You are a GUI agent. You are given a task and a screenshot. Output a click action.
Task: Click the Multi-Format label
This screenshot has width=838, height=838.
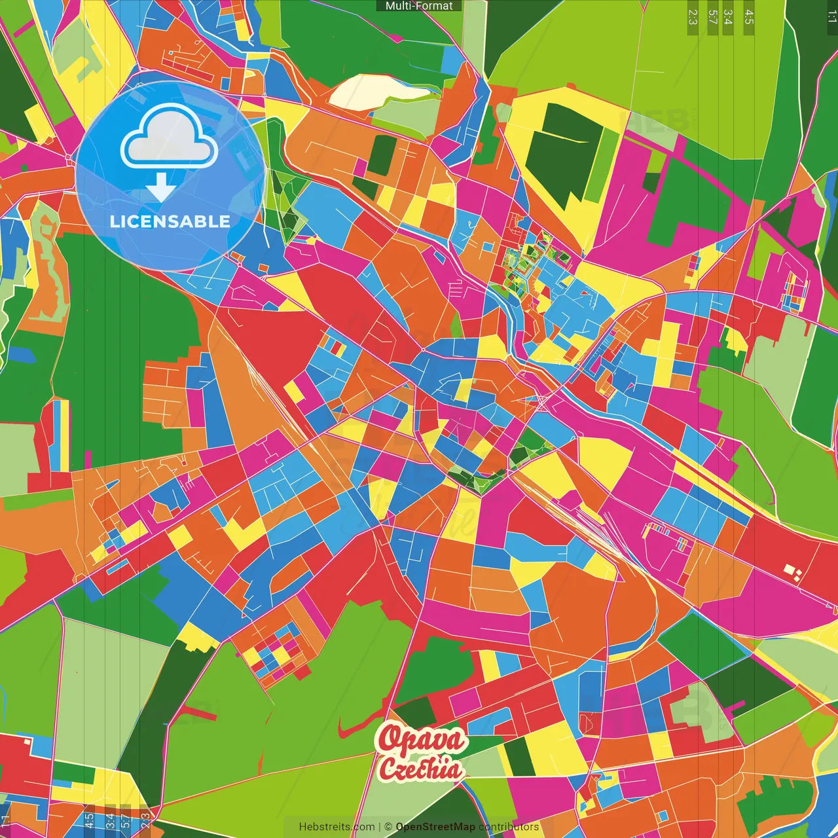(x=419, y=6)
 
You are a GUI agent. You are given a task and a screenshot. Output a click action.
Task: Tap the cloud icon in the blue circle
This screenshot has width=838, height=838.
(x=169, y=140)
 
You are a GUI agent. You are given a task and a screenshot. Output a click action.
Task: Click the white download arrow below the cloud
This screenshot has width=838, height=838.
(x=161, y=189)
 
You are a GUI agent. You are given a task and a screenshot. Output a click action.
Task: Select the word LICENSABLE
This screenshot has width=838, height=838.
(x=170, y=221)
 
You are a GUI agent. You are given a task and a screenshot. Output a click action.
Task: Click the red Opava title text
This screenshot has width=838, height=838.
(x=422, y=739)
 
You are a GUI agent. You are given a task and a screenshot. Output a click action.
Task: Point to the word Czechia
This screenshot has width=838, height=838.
(x=420, y=769)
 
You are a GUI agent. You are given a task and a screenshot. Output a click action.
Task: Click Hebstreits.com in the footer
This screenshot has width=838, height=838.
(x=337, y=827)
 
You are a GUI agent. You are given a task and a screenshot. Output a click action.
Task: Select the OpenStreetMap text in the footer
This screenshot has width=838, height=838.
(x=435, y=827)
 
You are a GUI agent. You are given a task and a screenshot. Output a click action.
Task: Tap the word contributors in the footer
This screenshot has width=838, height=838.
(x=509, y=827)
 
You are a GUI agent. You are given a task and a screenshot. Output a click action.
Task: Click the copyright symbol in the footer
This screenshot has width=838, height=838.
(x=388, y=827)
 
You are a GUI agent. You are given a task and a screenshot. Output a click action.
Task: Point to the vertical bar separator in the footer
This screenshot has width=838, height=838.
(x=380, y=827)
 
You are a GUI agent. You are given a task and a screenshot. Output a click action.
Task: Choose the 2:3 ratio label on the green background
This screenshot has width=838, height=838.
(x=693, y=17)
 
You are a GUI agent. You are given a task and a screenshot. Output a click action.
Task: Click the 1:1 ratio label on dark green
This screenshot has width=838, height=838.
(x=831, y=17)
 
